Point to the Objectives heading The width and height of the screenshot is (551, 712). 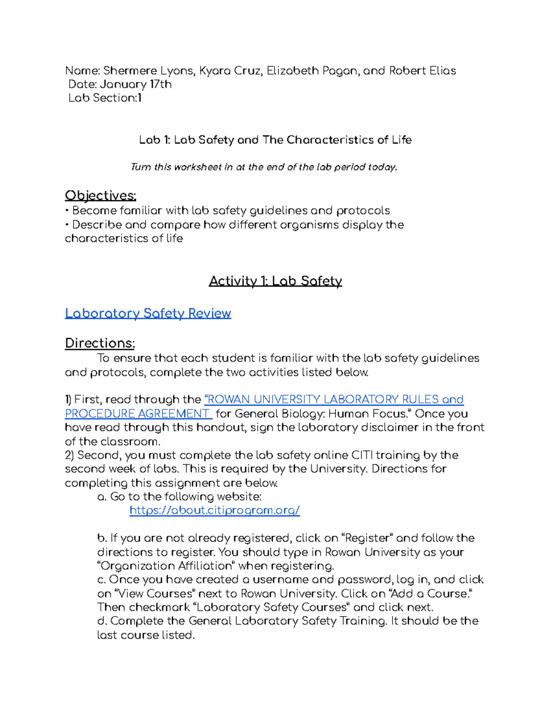pos(101,195)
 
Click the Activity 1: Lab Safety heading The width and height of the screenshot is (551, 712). pos(275,281)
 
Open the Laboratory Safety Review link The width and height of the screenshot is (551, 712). pos(148,313)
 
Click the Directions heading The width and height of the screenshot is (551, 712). pos(100,343)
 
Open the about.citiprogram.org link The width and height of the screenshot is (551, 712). pos(214,510)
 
